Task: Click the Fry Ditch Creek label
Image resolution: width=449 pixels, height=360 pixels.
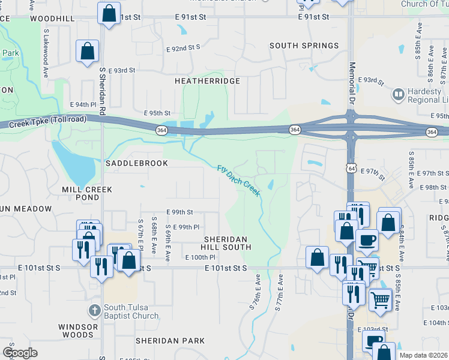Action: tap(239, 181)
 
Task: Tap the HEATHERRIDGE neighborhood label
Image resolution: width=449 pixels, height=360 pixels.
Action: tap(207, 80)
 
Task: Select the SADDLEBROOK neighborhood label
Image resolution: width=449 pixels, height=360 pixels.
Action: tap(131, 163)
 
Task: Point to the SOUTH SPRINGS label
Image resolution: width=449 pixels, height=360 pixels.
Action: tap(304, 46)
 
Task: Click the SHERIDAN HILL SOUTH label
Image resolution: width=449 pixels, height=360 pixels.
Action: tap(225, 242)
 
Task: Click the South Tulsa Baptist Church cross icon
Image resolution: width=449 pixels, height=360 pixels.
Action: tap(94, 311)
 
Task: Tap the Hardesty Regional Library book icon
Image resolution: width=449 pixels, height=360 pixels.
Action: tap(398, 95)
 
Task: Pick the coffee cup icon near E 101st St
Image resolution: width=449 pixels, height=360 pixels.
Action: tap(367, 240)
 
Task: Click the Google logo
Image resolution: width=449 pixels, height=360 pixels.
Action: tap(20, 352)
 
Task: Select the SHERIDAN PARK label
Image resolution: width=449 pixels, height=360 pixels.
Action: tap(170, 340)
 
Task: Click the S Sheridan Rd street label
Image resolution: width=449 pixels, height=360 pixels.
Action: tap(103, 91)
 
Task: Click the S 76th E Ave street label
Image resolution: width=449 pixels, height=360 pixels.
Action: tap(256, 292)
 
